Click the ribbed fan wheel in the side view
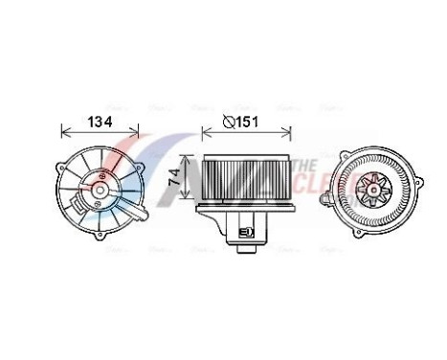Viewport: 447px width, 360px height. pos(244,178)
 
